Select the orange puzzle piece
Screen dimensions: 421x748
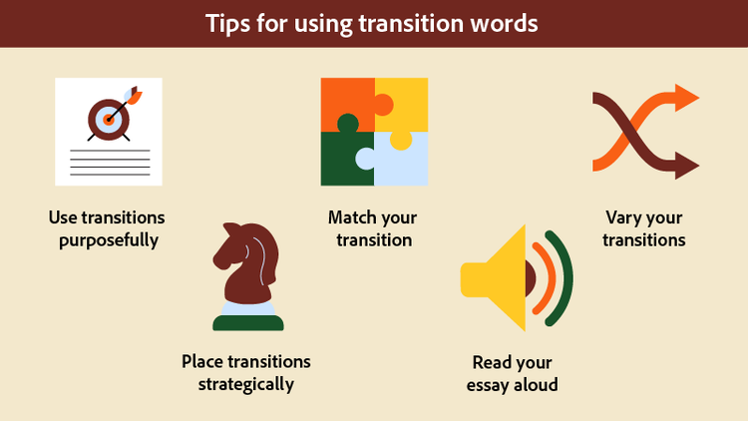pyautogui.click(x=344, y=100)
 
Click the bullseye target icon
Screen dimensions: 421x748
pyautogui.click(x=107, y=118)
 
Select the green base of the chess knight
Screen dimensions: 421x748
pyautogui.click(x=248, y=322)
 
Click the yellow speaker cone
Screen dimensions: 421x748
pyautogui.click(x=499, y=280)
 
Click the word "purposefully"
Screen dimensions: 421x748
pyautogui.click(x=107, y=240)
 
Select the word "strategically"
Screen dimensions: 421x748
pyautogui.click(x=245, y=384)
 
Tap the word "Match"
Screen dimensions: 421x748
pyautogui.click(x=352, y=217)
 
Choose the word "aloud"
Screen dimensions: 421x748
pyautogui.click(x=534, y=384)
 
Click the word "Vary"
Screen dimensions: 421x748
pyautogui.click(x=626, y=217)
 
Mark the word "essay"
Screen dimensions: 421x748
pyautogui.click(x=489, y=384)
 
